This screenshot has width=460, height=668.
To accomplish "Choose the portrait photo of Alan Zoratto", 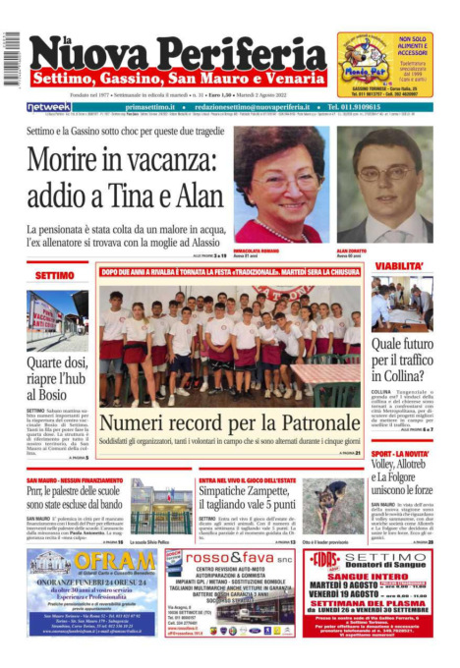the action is tap(384, 184).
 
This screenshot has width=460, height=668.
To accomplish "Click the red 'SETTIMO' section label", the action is tap(54, 276).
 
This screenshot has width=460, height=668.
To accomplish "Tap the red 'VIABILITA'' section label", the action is tap(398, 266).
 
